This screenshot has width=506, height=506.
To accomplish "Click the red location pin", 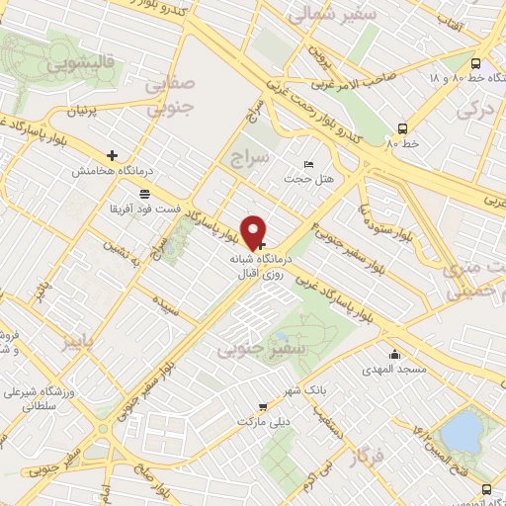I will tap(254, 231).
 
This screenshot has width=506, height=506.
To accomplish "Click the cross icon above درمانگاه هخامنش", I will tap(113, 155).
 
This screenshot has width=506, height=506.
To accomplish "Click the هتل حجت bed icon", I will tap(310, 164).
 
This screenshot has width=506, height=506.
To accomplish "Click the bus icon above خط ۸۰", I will tap(402, 127).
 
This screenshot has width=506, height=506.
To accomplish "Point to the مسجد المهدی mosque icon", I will tap(395, 354).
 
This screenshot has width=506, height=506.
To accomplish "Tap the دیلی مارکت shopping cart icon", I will tap(262, 406).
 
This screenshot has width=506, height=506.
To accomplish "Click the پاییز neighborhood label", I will tap(83, 342).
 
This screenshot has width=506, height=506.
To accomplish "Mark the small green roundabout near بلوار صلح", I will tap(102, 429).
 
